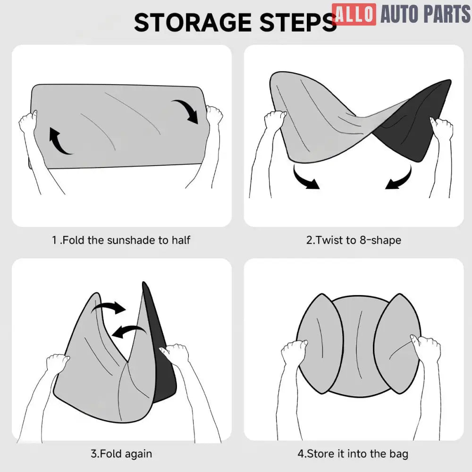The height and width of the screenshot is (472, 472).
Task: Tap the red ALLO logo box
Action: pyautogui.click(x=354, y=14)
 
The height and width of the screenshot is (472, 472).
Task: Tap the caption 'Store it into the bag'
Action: pyautogui.click(x=357, y=454)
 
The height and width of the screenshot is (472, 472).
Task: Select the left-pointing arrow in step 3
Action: pyautogui.click(x=129, y=331)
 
